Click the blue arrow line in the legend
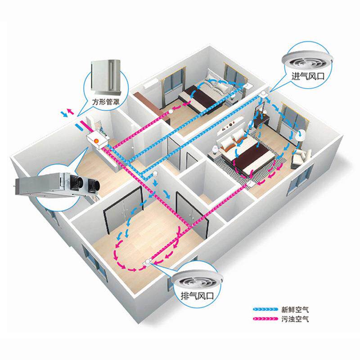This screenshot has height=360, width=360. click(x=267, y=310)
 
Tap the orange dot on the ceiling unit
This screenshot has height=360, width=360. click(x=96, y=141)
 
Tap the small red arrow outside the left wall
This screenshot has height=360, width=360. click(x=69, y=111)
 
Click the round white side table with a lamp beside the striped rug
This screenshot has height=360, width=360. click(x=216, y=148)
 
